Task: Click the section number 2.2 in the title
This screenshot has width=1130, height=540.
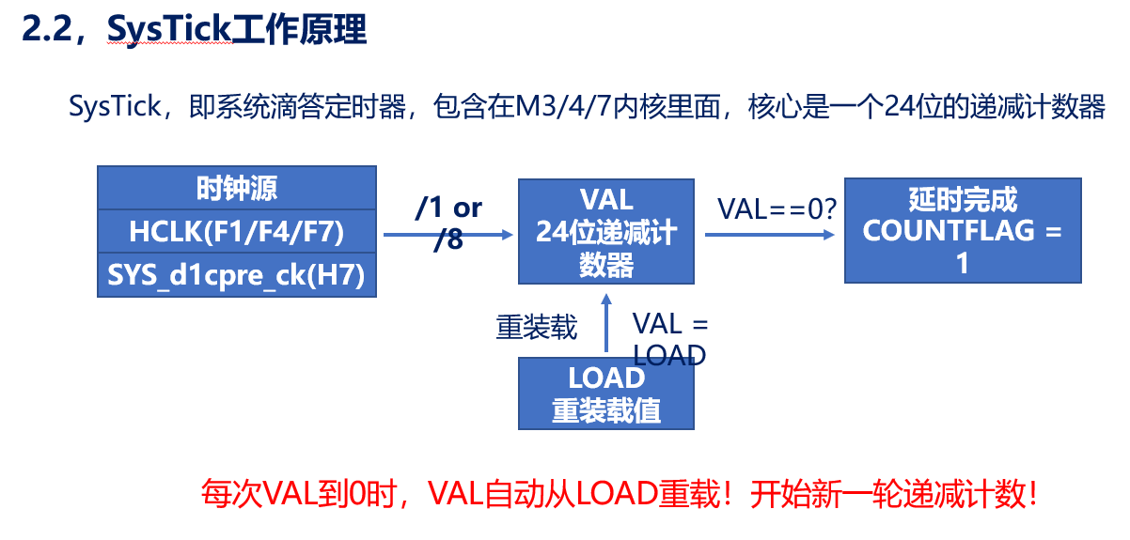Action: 44,30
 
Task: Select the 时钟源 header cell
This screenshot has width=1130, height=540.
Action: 237,188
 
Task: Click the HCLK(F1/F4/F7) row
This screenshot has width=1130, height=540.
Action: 237,230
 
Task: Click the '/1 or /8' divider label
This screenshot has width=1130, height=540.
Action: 448,224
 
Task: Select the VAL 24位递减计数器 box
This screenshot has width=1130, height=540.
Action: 605,231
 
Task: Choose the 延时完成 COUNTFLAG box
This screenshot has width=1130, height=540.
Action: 962,231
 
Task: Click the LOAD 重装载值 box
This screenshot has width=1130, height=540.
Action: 605,393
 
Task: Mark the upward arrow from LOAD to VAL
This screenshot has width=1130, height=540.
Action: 606,324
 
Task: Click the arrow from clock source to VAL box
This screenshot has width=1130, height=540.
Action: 447,236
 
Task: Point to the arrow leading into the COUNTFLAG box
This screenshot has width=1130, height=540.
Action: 769,235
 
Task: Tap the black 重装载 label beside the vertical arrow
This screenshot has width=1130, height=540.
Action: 537,329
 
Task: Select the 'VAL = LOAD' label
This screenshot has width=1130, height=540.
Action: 669,339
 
